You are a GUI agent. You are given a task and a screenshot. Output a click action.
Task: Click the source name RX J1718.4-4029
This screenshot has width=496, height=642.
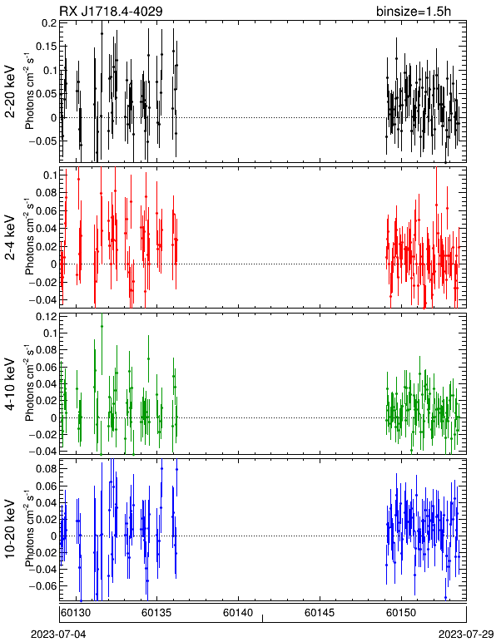coord(111,11)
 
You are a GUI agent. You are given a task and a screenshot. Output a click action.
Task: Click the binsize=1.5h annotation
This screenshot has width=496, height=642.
coord(414,11)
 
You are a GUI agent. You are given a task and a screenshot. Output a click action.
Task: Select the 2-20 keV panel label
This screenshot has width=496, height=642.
coord(10,91)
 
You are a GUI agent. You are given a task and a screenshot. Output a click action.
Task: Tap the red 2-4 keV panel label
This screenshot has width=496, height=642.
coord(10,238)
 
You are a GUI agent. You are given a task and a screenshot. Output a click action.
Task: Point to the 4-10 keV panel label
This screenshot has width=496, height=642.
coord(10,384)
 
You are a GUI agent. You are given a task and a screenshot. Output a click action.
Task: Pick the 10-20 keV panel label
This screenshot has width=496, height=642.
coord(10,529)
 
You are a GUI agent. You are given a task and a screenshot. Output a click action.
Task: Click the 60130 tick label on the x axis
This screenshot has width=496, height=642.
coord(75,613)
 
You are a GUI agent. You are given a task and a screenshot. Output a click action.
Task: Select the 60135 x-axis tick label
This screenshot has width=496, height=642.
coord(156,613)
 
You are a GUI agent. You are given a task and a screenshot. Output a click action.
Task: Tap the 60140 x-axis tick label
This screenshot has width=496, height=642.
coord(237,613)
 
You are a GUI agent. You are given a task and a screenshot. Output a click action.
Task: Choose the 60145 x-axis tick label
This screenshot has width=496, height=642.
coord(319,613)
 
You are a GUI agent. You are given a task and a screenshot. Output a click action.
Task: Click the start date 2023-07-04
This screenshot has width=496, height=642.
coord(58,635)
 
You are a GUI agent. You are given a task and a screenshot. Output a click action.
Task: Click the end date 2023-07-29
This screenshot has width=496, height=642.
coord(466,635)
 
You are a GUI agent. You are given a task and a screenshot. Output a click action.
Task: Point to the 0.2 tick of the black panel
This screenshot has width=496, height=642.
coord(50,23)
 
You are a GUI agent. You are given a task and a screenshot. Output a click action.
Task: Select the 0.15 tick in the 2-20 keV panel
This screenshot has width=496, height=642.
coord(47,47)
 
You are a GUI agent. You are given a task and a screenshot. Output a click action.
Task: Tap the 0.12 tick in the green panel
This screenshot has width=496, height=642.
coord(47,317)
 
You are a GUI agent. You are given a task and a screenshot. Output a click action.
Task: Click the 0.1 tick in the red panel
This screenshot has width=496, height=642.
coord(50,175)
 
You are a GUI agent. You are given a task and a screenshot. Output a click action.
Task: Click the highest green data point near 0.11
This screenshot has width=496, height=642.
coord(102,326)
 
